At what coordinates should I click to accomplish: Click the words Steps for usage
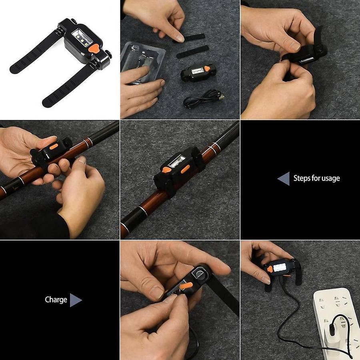(x=316, y=178)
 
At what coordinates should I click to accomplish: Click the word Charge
(x=56, y=300)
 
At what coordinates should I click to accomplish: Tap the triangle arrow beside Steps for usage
(x=284, y=179)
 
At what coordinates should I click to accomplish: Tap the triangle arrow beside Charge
(x=75, y=300)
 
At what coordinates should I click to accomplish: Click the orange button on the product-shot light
(x=94, y=48)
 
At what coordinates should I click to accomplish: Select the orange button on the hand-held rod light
(x=54, y=147)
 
